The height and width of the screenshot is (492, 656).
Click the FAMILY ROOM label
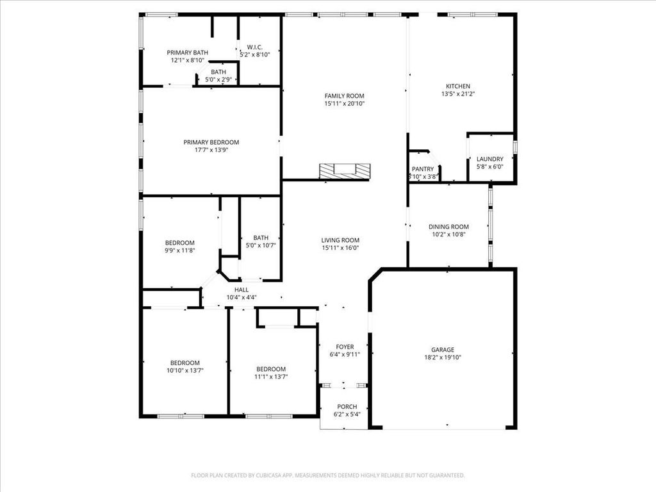pos(344,96)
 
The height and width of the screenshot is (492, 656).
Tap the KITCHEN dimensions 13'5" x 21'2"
pos(458,94)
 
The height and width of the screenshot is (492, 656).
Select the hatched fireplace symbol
pos(345,171)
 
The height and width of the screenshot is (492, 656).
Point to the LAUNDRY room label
pos(490,159)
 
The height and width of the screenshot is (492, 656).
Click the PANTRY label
pos(423,169)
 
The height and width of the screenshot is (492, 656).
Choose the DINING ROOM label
pos(448,227)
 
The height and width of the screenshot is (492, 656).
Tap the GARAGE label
pos(443,350)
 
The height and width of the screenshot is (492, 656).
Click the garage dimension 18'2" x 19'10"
pos(443,357)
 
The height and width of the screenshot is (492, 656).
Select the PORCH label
pos(347,407)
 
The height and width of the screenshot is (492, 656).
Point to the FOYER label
pos(345,347)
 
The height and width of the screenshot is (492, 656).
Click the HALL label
pos(242,290)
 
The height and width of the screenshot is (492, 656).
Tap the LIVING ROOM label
pos(340,240)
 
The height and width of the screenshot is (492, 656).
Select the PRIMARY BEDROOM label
pos(211,142)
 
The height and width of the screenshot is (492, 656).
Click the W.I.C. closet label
pos(255,47)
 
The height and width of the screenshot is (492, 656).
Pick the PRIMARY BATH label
pos(188,53)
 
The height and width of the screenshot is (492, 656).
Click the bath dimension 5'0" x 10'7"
pos(261,245)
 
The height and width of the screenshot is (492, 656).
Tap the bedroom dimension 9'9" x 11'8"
pos(180,250)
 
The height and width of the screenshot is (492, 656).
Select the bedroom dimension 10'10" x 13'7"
pos(185,370)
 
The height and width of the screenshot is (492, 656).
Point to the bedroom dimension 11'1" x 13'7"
pos(271,377)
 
